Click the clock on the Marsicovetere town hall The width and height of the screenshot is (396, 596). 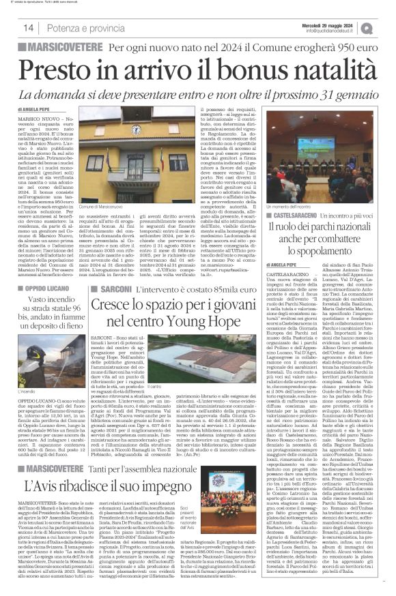pyautogui.click(x=137, y=129)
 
